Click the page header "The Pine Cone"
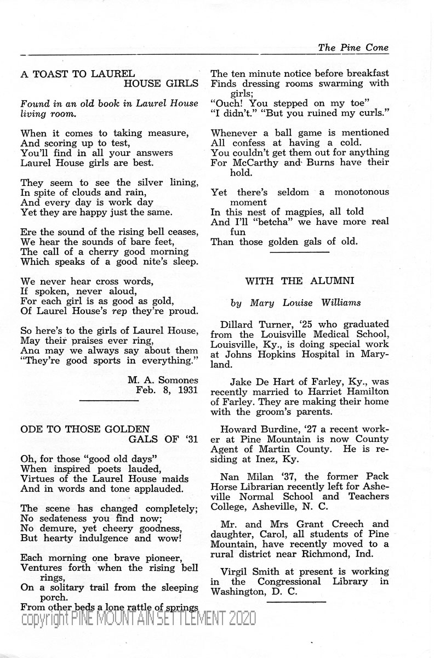pyautogui.click(x=353, y=48)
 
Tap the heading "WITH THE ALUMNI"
pyautogui.click(x=299, y=281)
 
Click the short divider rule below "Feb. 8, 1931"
pyautogui.click(x=109, y=402)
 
